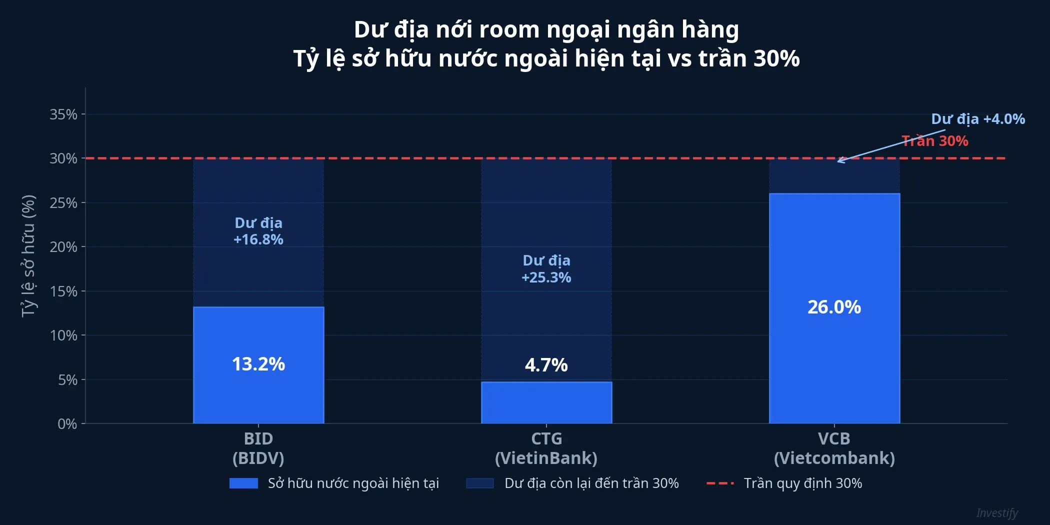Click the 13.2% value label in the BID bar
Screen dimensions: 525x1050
(x=258, y=364)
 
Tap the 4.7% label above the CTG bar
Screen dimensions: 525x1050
(x=546, y=365)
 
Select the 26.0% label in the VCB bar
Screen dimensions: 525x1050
(x=834, y=307)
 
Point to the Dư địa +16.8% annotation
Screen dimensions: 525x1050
(x=258, y=231)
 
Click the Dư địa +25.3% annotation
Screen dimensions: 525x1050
(x=546, y=268)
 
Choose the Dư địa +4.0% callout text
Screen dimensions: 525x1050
(x=977, y=119)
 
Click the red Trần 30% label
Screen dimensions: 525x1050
(x=934, y=141)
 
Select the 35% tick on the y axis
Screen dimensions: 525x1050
(x=63, y=114)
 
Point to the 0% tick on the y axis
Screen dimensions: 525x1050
(x=67, y=424)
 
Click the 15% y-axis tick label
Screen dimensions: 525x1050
(x=63, y=291)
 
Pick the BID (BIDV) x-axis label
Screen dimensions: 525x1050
(x=258, y=448)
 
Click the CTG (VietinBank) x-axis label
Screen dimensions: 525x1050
(x=546, y=448)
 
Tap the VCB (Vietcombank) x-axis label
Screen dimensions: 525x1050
(x=834, y=448)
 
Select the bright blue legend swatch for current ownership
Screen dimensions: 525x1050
(x=243, y=483)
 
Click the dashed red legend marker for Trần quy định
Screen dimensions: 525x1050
(x=720, y=483)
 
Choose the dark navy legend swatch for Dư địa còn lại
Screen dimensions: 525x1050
(x=479, y=483)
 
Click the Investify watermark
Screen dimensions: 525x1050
(x=996, y=513)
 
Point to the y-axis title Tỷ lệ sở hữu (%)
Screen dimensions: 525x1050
(x=28, y=256)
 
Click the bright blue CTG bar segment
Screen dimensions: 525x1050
(x=546, y=403)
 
